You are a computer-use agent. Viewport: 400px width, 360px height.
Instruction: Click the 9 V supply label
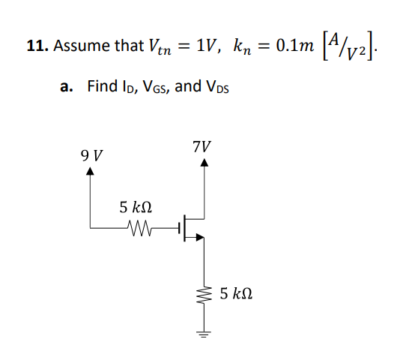point(91,155)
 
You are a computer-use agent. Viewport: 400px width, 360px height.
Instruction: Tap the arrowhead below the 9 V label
point(91,171)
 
